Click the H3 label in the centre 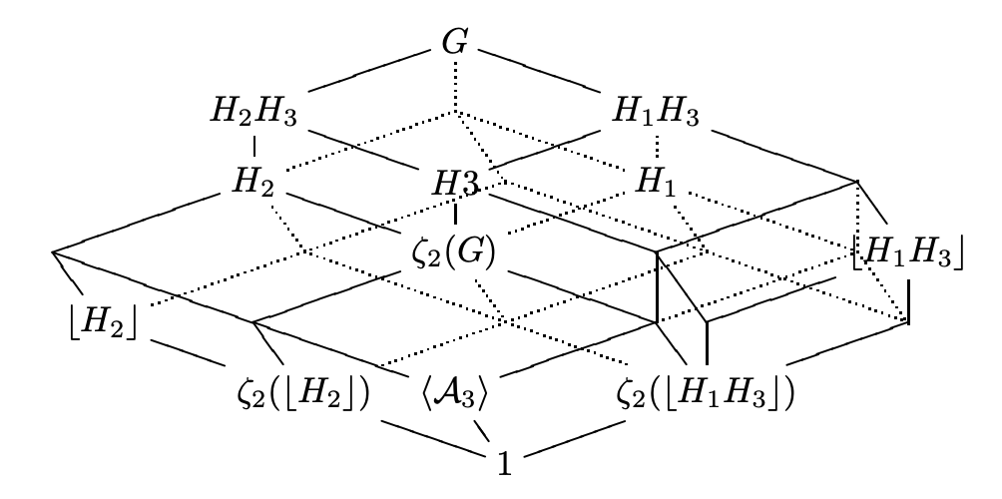coord(457,183)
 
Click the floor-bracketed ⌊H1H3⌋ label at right coord(908,254)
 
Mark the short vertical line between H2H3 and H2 coord(253,147)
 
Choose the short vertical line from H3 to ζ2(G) coord(456,213)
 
